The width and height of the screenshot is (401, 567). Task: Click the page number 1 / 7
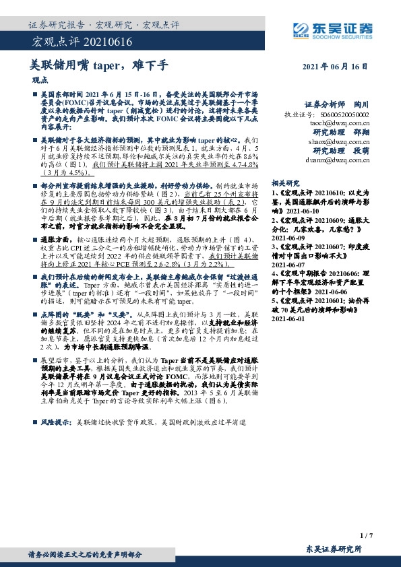[367, 535]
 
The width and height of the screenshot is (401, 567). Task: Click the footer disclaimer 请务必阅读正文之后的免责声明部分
[84, 554]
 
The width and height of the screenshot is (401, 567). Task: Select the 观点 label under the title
[41, 79]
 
